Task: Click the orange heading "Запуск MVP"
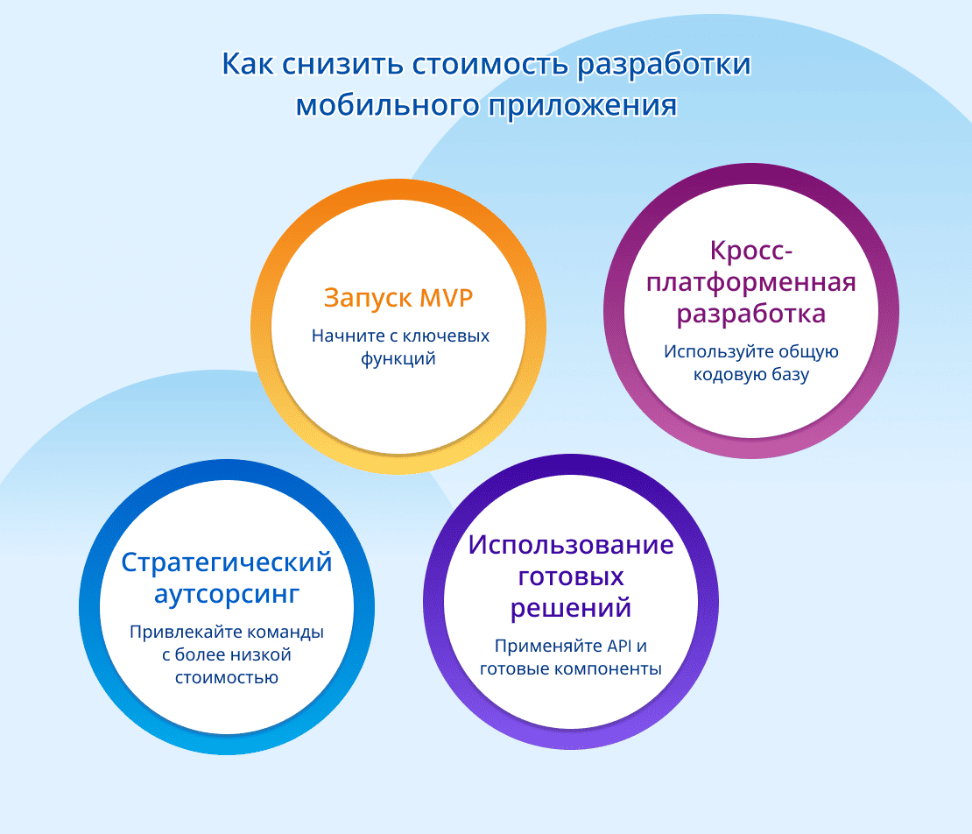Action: (x=398, y=298)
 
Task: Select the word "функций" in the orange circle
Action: (x=398, y=358)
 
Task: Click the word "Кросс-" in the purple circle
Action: (x=751, y=251)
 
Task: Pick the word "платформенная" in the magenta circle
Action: (x=750, y=283)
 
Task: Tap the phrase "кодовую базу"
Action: (x=750, y=374)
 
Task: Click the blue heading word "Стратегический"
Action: (x=227, y=562)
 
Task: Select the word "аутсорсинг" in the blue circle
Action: (x=227, y=595)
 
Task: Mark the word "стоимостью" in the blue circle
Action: (x=227, y=676)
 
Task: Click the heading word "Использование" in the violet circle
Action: (x=571, y=545)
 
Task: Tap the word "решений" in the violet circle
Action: (x=571, y=607)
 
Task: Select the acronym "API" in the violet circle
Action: (x=618, y=647)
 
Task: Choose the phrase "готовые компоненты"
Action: (x=571, y=668)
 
